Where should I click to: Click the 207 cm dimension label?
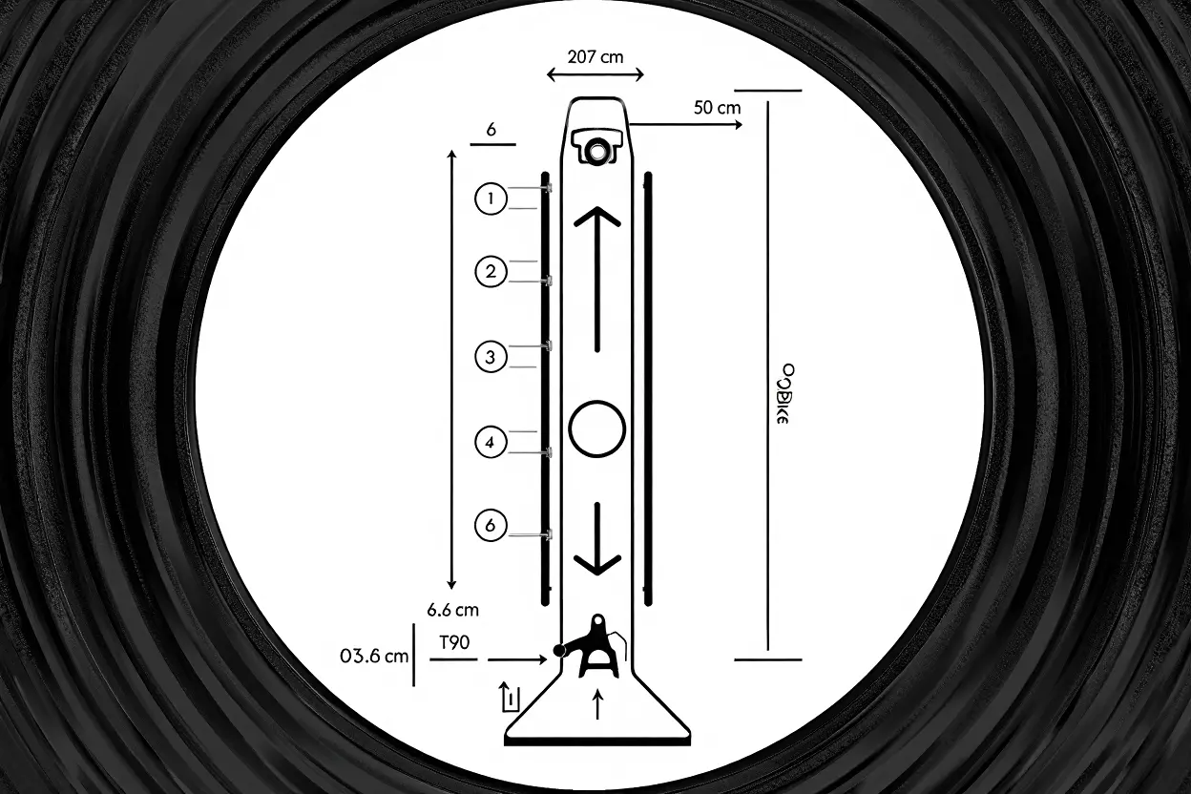pos(595,56)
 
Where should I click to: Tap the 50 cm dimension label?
pos(717,107)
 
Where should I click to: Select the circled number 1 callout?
pos(490,199)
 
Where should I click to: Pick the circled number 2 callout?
pos(490,272)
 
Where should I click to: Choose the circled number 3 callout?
pos(490,357)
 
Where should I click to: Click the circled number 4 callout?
pos(490,442)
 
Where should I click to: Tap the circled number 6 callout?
pos(490,524)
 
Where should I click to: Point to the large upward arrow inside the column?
pos(597,277)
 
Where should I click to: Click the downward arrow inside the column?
pos(597,538)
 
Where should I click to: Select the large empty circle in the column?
pos(596,427)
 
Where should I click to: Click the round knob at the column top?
pos(597,150)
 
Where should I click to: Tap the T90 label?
pos(454,642)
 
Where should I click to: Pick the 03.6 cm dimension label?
pos(374,656)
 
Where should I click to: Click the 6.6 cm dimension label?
pos(452,609)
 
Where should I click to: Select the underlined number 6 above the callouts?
pos(491,131)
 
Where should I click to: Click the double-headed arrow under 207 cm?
pos(596,74)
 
